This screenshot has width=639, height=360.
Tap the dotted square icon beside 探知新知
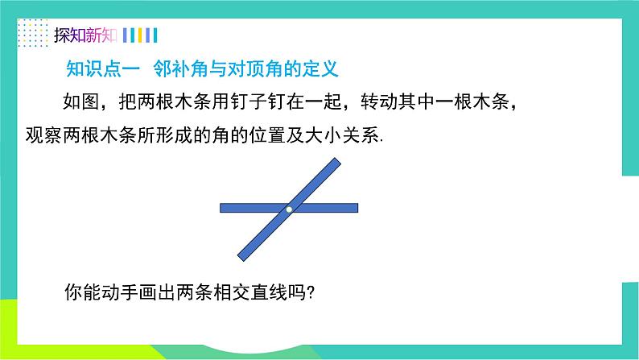pyautogui.click(x=33, y=35)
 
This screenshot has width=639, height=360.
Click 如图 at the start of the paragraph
pyautogui.click(x=79, y=103)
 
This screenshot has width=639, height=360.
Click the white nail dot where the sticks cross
pyautogui.click(x=288, y=209)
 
